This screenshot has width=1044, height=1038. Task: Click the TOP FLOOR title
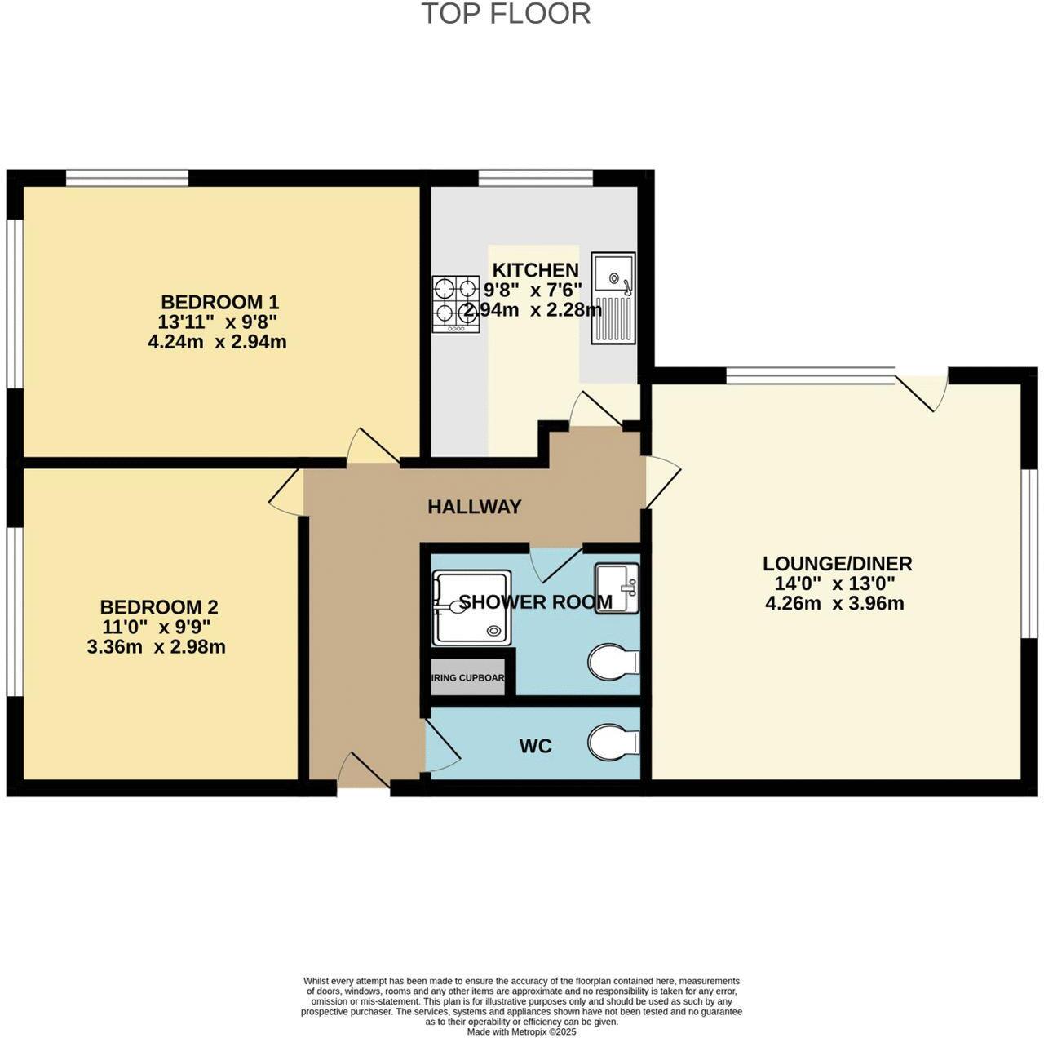[x=506, y=14]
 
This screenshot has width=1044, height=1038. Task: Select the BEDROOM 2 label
[x=159, y=607]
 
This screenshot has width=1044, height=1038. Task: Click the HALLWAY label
[x=474, y=507]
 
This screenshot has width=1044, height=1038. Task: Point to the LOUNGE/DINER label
[x=837, y=563]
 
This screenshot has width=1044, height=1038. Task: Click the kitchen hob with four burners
[x=456, y=304]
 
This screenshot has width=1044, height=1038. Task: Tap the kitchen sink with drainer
[x=613, y=298]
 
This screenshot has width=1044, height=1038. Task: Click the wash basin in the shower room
[x=617, y=588]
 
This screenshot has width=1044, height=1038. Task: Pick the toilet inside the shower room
[x=613, y=661]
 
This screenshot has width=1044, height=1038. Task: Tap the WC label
[x=535, y=746]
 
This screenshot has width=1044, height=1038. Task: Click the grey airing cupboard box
[x=468, y=678]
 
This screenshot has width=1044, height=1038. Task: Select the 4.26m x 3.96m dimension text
[x=834, y=604]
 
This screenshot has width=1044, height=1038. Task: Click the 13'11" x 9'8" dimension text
[x=218, y=322]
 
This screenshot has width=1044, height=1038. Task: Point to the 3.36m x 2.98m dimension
[x=156, y=647]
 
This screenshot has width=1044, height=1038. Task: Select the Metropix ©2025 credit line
[x=521, y=1031]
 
